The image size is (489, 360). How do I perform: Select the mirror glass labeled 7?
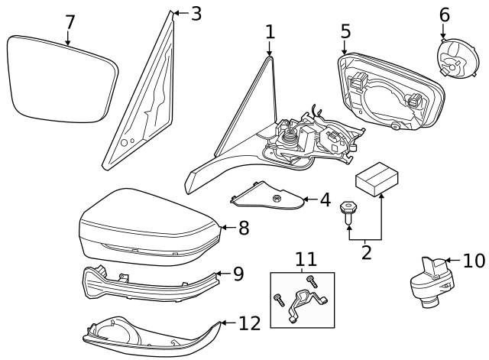click(x=61, y=79)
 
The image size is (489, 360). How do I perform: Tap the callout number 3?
click(x=196, y=13)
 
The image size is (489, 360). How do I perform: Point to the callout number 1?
click(x=270, y=31)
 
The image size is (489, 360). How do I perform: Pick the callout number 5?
click(x=345, y=31)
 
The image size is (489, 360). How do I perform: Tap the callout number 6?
click(x=445, y=14)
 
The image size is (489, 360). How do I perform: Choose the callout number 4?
click(x=325, y=201)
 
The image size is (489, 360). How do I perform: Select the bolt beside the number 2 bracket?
click(x=348, y=211)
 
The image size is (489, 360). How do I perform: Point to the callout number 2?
click(x=366, y=251)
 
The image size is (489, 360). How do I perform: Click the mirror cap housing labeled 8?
click(x=149, y=225)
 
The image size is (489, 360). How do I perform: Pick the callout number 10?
click(x=474, y=261)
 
